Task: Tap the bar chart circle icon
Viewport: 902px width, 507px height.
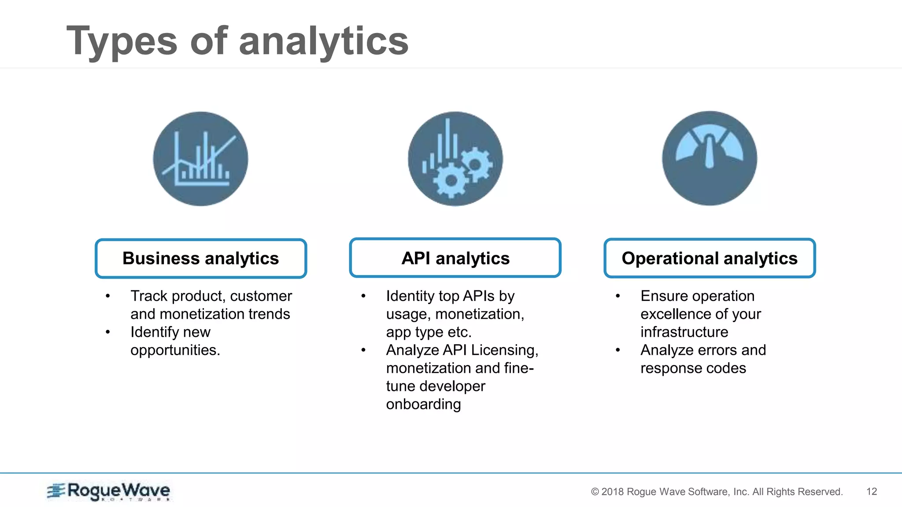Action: [x=200, y=159]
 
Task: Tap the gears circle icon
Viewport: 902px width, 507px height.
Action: [x=455, y=159]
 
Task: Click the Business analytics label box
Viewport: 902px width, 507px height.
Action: [x=200, y=258]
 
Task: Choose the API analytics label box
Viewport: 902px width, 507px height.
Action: [x=455, y=258]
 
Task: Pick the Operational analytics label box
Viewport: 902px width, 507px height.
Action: [x=709, y=258]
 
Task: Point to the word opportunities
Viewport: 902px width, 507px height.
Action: [x=175, y=350]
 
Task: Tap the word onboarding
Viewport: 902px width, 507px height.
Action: [x=423, y=404]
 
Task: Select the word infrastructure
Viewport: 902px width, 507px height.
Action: [x=684, y=332]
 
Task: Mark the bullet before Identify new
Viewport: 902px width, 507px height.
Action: [x=108, y=332]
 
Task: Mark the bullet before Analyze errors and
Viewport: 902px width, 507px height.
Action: [x=618, y=350]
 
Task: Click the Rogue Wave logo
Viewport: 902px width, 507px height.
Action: [x=109, y=491]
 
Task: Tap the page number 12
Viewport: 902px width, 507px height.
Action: [x=872, y=492]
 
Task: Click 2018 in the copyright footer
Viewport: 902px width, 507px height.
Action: [x=613, y=492]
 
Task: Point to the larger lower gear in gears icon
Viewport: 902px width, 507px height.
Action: [x=451, y=180]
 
